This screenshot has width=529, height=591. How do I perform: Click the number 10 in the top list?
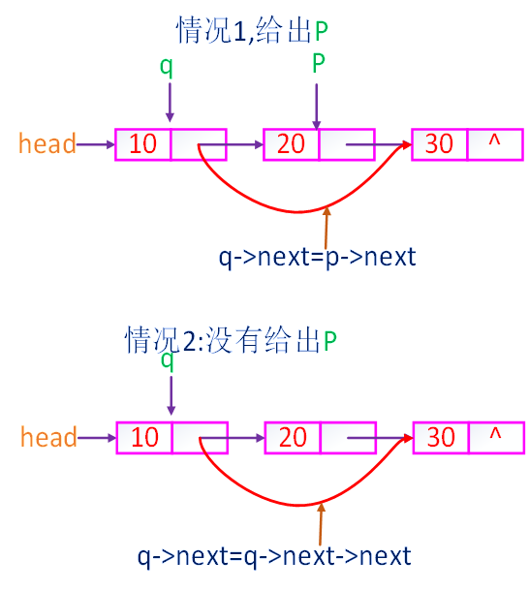142,144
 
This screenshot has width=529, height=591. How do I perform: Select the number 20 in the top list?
291,144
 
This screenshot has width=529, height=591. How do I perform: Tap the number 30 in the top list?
439,144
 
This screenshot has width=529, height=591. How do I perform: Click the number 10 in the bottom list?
144,437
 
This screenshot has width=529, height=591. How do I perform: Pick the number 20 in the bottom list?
293,437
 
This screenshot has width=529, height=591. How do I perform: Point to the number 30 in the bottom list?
441,437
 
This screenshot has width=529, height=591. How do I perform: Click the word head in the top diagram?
47,143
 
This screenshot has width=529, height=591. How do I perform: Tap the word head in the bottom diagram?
48,436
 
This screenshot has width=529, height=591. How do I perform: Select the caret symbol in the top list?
494,140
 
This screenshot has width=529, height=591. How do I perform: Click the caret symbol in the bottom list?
495,434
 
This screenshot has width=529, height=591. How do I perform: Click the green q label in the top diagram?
167,67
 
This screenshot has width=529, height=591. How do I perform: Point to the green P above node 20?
319,63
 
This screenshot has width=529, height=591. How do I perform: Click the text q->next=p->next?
317,257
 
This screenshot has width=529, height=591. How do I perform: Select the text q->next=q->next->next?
274,556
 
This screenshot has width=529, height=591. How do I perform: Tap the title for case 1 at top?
252,30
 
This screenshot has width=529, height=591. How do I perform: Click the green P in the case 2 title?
330,341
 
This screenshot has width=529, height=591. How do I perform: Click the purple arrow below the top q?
170,102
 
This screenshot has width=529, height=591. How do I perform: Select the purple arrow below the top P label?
317,107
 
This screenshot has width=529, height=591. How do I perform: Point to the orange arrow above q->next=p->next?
327,228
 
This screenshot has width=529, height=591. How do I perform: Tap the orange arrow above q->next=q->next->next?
321,524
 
